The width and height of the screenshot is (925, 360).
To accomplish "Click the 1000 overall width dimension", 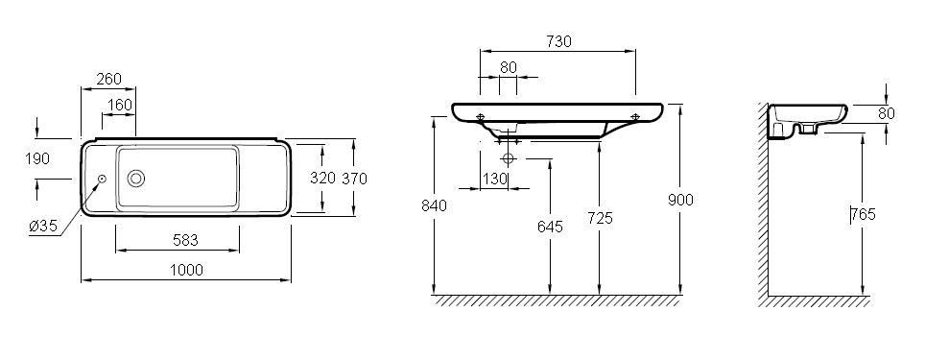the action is click(x=186, y=271).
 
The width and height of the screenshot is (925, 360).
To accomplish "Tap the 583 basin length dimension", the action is click(x=185, y=240).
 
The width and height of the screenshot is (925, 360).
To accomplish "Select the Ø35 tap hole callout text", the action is click(x=44, y=226).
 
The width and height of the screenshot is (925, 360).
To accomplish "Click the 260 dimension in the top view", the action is click(x=108, y=79).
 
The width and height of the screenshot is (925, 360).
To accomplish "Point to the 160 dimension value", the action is click(x=120, y=105).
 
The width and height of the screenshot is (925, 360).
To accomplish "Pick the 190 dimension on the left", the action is click(x=37, y=158).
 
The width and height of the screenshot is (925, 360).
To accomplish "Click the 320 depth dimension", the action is click(x=322, y=178).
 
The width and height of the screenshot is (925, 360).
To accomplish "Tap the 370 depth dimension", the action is click(x=354, y=179).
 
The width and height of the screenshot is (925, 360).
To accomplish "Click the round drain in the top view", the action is click(x=135, y=179).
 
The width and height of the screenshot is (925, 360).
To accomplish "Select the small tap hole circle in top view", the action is click(x=102, y=179).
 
